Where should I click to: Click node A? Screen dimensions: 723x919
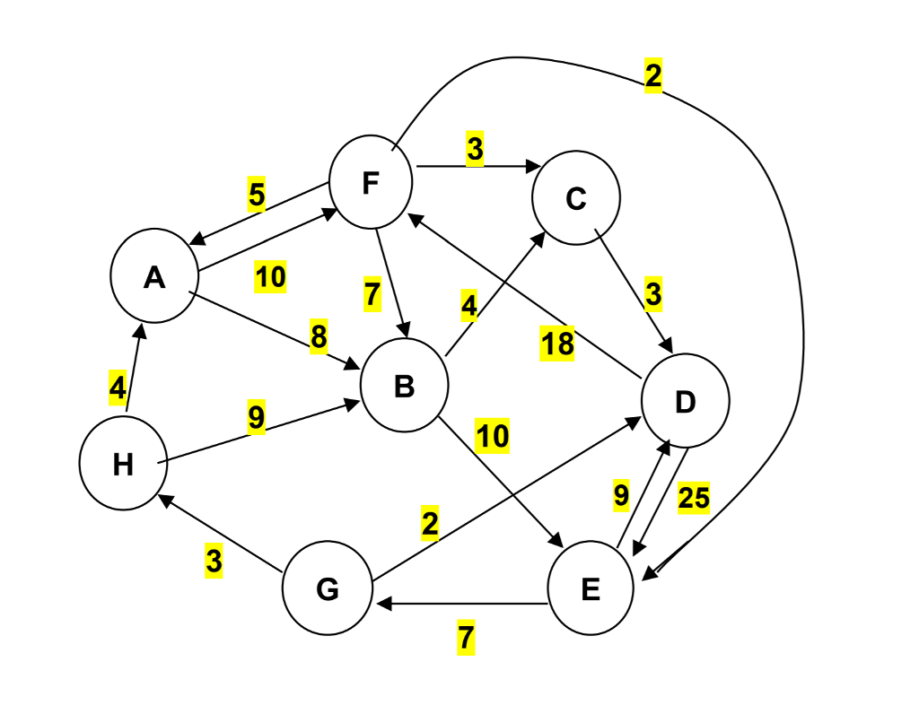pyautogui.click(x=154, y=279)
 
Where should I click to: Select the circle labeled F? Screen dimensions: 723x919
pyautogui.click(x=371, y=182)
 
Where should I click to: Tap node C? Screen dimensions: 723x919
pyautogui.click(x=575, y=199)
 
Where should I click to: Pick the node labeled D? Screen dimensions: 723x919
pyautogui.click(x=685, y=403)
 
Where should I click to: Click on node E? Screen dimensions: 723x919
pyautogui.click(x=591, y=588)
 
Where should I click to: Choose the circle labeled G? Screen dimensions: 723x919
pyautogui.click(x=328, y=589)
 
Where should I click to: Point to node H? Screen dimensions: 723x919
pyautogui.click(x=123, y=465)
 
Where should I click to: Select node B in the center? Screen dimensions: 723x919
pyautogui.click(x=404, y=387)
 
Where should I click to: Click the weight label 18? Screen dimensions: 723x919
pyautogui.click(x=556, y=344)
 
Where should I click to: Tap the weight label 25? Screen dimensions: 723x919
pyautogui.click(x=694, y=498)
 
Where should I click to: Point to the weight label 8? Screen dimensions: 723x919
pyautogui.click(x=319, y=337)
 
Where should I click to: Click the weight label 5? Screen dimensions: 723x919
pyautogui.click(x=257, y=195)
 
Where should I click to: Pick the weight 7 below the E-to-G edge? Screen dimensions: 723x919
pyautogui.click(x=465, y=639)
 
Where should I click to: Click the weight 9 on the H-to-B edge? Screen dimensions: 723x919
pyautogui.click(x=256, y=418)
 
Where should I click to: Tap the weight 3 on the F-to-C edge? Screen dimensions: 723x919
pyautogui.click(x=475, y=149)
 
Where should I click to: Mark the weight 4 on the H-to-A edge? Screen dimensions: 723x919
pyautogui.click(x=118, y=388)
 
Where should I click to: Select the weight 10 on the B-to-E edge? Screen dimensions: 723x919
pyautogui.click(x=492, y=436)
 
